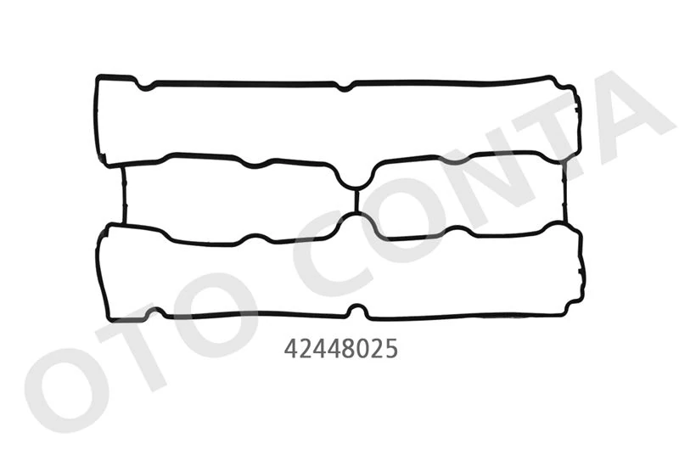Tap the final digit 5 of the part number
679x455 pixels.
[391, 349]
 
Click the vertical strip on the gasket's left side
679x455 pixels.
[124, 194]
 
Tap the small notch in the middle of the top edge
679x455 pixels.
[344, 86]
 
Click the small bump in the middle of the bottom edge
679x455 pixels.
[358, 312]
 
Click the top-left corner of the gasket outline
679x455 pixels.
[98, 79]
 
